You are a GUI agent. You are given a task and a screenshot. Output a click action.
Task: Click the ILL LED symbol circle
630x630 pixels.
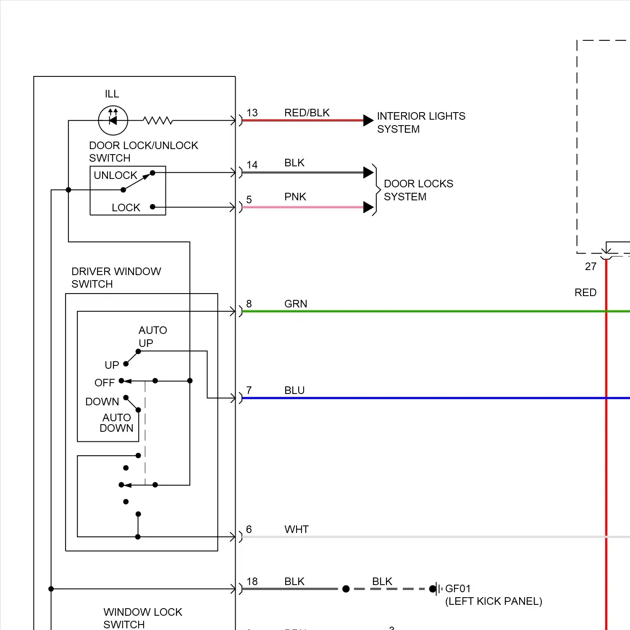[x=113, y=121]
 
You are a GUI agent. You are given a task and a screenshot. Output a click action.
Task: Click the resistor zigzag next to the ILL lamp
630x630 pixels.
[x=157, y=121]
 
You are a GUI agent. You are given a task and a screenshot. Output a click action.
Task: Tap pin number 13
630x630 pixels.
[x=252, y=113]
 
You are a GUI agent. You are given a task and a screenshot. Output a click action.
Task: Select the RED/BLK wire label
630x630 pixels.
[x=307, y=113]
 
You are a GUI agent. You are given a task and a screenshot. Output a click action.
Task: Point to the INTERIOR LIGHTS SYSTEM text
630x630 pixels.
[x=421, y=122]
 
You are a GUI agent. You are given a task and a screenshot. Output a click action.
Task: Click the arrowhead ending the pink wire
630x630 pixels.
[x=368, y=207]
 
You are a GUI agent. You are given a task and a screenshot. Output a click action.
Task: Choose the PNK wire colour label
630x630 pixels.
[x=295, y=197]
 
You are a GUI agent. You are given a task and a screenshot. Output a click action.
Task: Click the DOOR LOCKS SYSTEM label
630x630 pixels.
[x=418, y=190]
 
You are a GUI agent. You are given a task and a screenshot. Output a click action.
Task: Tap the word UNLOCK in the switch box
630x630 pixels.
[x=115, y=175]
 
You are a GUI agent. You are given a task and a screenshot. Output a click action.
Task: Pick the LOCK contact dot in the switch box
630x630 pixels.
[x=152, y=207]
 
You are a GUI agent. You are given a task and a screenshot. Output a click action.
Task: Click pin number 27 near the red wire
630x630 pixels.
[x=591, y=267]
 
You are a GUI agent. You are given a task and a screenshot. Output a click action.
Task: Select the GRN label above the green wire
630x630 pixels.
[x=296, y=304]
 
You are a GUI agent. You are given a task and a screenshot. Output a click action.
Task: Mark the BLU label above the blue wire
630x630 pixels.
[x=294, y=391]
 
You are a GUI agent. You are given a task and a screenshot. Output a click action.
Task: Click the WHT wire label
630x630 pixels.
[x=297, y=530]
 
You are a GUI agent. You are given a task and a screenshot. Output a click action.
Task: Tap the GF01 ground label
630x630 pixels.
[x=458, y=589]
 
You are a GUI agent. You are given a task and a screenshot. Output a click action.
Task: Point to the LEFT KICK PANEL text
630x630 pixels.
[x=493, y=601]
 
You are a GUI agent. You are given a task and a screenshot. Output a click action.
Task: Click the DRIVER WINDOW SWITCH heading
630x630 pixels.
[x=116, y=278]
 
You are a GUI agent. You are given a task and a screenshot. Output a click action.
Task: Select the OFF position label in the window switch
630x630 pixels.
[x=105, y=383]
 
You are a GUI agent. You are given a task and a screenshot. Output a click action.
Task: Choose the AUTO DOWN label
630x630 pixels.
[x=116, y=423]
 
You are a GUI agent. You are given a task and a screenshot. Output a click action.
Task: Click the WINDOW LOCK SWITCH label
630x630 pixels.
[x=143, y=618]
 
